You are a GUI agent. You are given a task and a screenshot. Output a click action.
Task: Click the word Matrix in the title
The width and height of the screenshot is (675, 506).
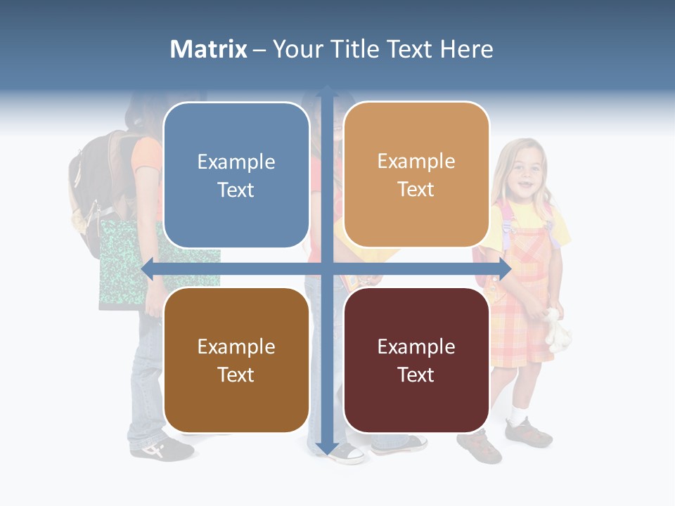click(209, 49)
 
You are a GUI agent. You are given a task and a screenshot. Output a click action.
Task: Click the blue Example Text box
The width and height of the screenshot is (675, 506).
click(236, 175)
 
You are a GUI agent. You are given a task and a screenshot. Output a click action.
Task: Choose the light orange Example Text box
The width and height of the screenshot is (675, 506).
click(416, 175)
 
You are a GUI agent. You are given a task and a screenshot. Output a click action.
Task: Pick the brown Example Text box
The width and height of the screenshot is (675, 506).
click(236, 360)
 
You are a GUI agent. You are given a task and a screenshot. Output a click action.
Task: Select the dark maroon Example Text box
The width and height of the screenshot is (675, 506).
click(416, 360)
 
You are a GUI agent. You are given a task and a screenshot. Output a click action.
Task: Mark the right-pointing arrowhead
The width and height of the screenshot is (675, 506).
click(503, 269)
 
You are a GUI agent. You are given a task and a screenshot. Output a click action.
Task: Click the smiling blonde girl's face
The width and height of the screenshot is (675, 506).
click(525, 173)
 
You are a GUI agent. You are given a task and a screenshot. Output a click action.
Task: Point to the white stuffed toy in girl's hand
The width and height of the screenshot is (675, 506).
click(559, 329)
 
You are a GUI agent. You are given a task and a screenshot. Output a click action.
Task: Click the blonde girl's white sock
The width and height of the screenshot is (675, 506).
click(518, 413)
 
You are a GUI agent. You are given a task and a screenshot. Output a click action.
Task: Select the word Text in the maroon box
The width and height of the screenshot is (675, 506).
click(416, 375)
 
